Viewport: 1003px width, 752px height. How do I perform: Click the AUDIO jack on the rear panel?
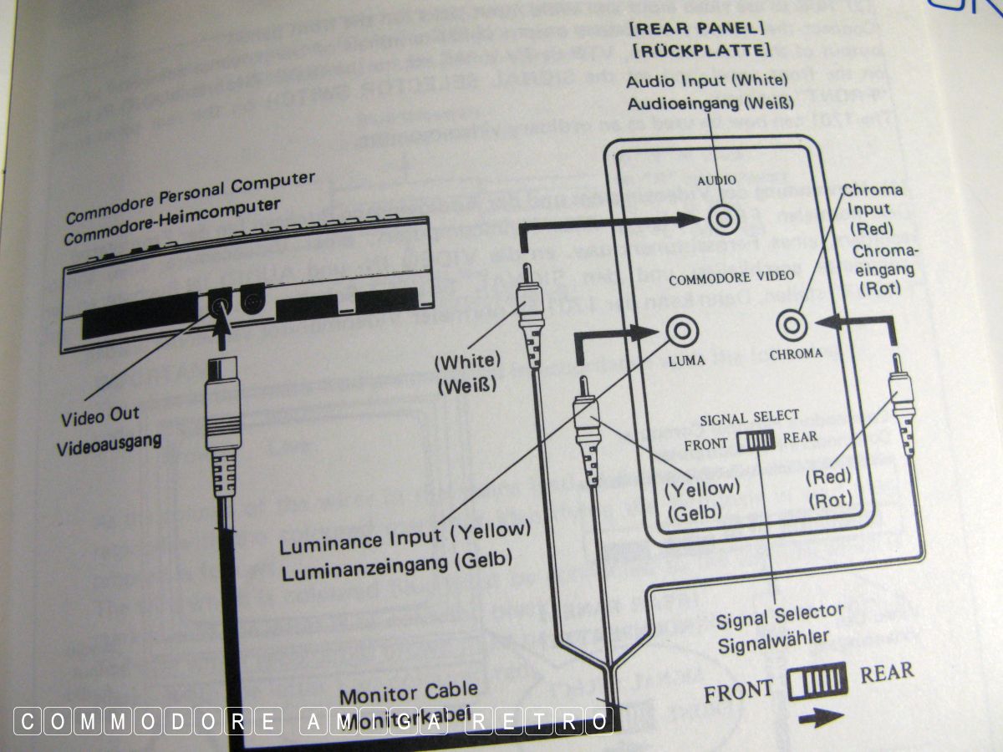coord(722,220)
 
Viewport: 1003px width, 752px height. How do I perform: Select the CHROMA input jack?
coord(792,323)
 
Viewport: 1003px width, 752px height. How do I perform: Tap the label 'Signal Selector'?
coord(780,617)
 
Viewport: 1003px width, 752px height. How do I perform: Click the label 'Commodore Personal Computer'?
coord(190,197)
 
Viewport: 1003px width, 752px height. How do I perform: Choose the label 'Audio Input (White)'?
coord(707,81)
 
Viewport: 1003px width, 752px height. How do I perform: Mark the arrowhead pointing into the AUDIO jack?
coord(693,220)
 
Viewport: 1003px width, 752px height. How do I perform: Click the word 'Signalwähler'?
coord(773,639)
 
